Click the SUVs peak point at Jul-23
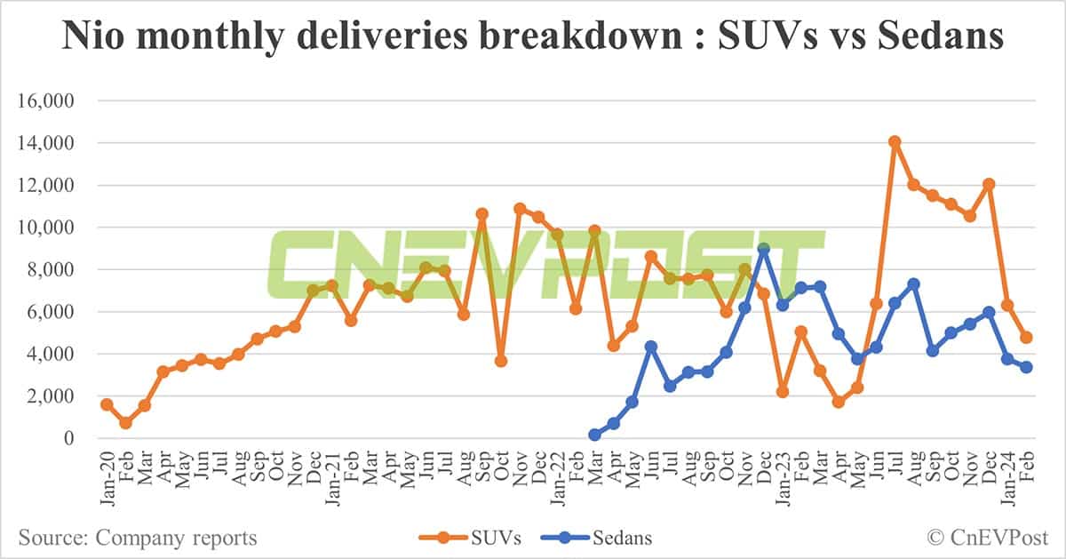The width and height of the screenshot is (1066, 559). tap(895, 141)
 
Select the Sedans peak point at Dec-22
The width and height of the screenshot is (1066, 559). tap(763, 249)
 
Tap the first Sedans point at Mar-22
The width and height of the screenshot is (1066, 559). tap(594, 435)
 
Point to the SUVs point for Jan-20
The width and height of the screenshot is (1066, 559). tap(107, 404)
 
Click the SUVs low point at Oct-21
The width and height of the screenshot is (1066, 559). tap(501, 361)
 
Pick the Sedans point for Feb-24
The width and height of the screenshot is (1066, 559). tap(1026, 367)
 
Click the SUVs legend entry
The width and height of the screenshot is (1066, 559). tap(472, 538)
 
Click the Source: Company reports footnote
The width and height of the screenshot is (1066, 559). tap(138, 538)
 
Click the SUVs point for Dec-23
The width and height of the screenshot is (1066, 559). tap(989, 184)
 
